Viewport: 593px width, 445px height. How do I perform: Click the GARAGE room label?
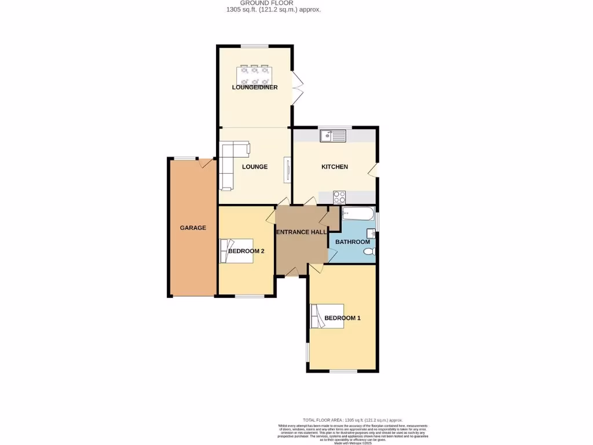point(193,228)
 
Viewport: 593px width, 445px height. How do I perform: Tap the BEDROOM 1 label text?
point(342,318)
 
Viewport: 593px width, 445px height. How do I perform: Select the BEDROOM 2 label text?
point(246,251)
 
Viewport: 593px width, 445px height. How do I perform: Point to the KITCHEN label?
point(335,167)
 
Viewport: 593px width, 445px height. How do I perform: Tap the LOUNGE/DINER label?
point(255,87)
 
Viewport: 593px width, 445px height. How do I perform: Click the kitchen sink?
point(333,137)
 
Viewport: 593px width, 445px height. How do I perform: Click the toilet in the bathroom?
point(369,251)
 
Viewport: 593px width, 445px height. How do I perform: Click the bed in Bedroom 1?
point(327,316)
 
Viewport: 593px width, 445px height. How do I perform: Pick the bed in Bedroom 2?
point(236,250)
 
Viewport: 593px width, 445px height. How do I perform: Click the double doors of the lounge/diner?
point(298,88)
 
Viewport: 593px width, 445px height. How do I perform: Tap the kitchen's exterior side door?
point(374,169)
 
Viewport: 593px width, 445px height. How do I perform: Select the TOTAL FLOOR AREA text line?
point(353,420)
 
